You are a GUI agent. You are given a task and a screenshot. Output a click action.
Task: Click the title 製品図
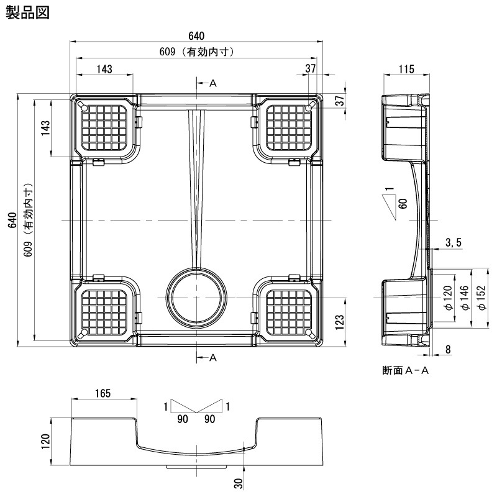click(x=28, y=12)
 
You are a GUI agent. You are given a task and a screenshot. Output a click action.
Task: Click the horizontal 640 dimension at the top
click(x=198, y=35)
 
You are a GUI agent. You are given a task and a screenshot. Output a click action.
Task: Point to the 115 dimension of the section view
click(x=406, y=69)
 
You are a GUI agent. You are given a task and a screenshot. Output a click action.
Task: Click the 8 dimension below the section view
click(x=449, y=349)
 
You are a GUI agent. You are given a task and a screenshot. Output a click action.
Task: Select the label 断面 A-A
click(x=406, y=371)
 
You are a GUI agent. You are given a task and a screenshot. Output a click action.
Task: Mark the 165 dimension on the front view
click(x=103, y=393)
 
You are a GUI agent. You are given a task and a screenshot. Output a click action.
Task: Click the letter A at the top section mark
click(x=212, y=83)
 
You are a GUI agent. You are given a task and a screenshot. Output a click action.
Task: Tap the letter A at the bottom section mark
click(x=212, y=357)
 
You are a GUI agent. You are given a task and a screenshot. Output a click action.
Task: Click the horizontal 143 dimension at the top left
click(x=104, y=69)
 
